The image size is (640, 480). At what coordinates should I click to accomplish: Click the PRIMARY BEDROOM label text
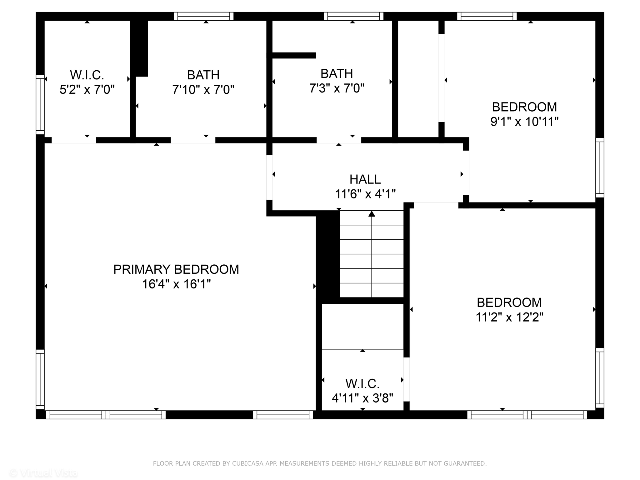point(176,269)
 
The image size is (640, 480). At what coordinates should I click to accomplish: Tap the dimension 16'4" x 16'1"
point(176,284)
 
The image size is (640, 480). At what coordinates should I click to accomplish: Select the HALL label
point(365,179)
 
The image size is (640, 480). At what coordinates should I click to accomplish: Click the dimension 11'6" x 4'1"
point(365,194)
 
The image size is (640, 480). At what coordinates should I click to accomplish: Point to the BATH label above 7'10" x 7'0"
point(203,75)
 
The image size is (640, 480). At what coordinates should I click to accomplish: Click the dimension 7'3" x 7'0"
point(337,88)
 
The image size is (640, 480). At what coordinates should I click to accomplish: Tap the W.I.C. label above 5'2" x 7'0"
point(87,75)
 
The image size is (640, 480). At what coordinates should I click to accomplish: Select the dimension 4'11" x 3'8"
point(362,398)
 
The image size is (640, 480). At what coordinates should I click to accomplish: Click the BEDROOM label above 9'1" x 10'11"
point(524,107)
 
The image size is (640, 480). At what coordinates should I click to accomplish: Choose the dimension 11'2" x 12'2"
point(509,317)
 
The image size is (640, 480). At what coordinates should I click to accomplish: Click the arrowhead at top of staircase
point(372,214)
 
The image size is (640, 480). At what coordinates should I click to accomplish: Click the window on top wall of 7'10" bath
point(204,16)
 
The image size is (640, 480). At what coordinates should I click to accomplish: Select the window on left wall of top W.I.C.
point(40,104)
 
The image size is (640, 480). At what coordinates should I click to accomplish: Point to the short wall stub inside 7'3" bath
point(294,56)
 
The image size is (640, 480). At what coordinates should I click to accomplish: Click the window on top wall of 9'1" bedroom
point(487,16)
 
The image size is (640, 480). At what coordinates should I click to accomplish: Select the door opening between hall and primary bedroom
point(269,177)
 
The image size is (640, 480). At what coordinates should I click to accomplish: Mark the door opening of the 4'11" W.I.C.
point(406,379)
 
